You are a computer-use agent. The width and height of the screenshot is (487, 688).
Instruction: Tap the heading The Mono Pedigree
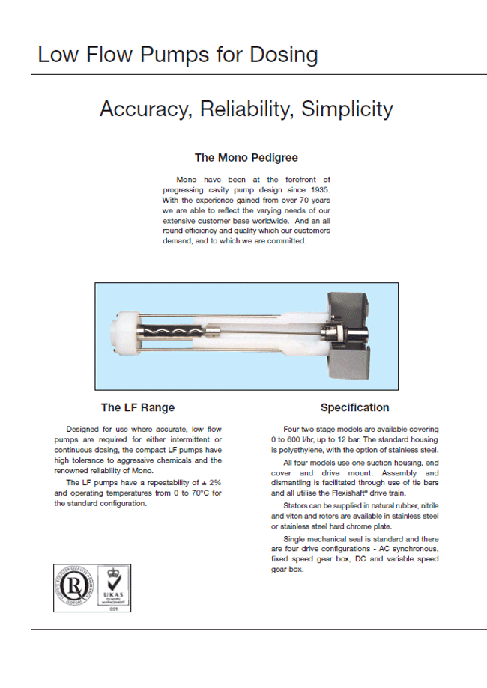(x=246, y=157)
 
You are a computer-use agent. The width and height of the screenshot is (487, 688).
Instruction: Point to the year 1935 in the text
(x=319, y=190)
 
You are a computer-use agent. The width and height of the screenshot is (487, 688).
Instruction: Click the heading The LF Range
(x=138, y=407)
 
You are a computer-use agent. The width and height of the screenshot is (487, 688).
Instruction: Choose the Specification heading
(x=354, y=407)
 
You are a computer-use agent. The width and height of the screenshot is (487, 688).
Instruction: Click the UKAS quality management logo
(x=112, y=588)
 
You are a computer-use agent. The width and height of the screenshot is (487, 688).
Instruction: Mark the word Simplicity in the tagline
(x=347, y=109)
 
